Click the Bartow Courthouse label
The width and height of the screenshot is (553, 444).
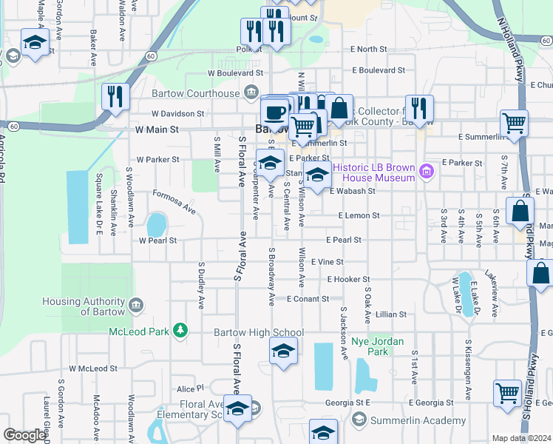pos(195,93)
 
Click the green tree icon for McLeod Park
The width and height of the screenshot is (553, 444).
pos(178,329)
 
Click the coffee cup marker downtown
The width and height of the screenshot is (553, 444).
pos(274,112)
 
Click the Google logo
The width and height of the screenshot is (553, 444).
pos(24,435)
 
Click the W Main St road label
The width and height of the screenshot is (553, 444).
pos(157,129)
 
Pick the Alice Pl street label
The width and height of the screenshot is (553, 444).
pos(189,388)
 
